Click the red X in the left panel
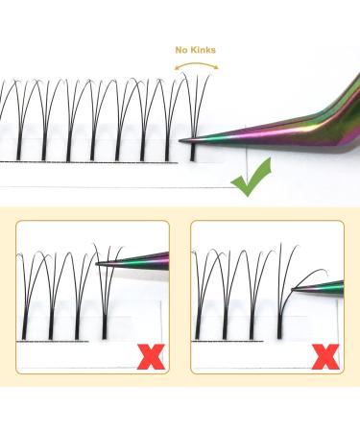click(148, 357)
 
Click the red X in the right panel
click(327, 357)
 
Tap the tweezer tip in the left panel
click(99, 263)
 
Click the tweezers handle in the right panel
click(326, 285)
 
